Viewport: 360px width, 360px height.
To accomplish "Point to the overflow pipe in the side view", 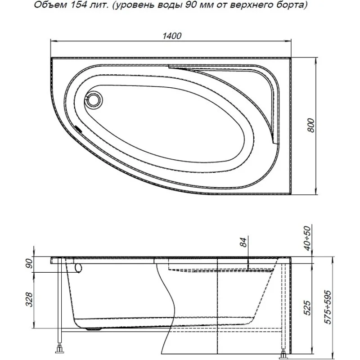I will pos(79,268).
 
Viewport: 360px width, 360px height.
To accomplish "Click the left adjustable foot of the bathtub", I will pos(59,348).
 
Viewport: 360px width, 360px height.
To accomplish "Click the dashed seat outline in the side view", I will pos(220,269).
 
